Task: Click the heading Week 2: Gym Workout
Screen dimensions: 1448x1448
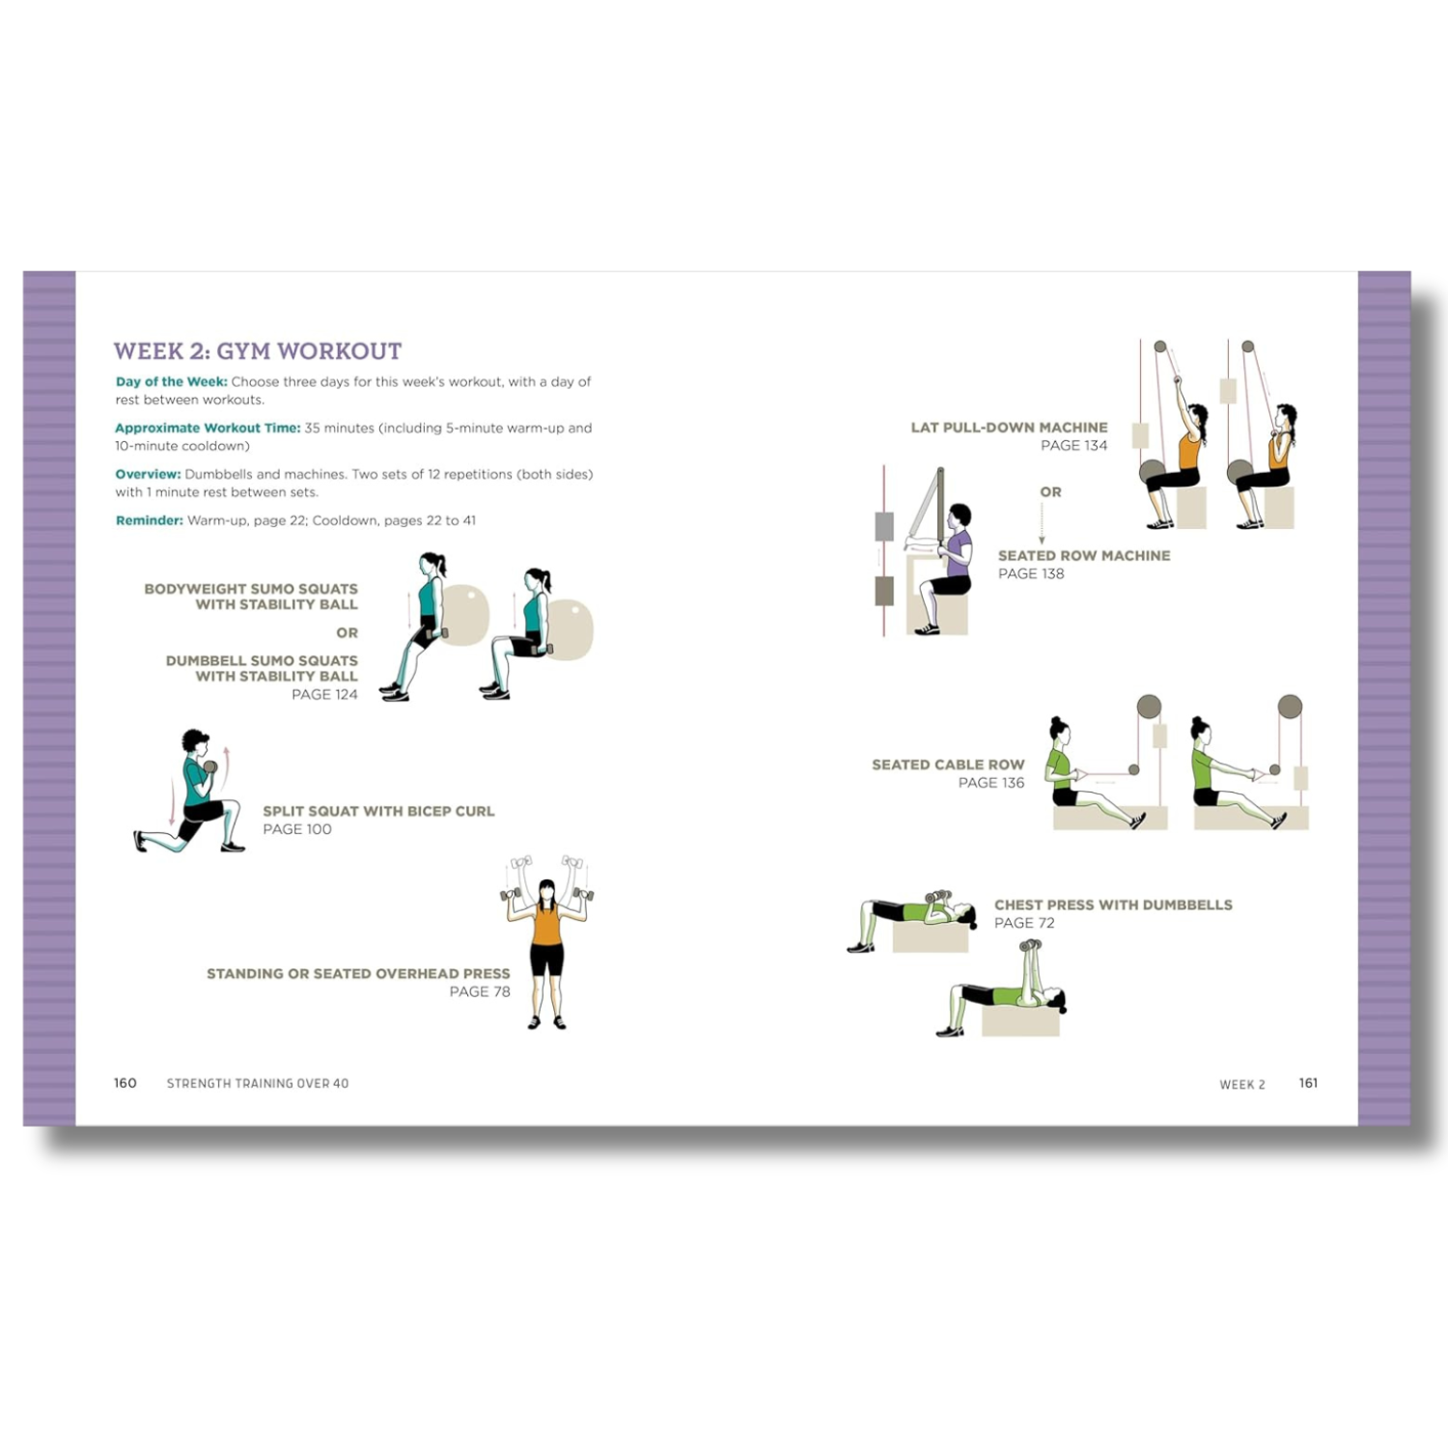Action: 258,351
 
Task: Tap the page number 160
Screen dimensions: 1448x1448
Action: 125,1083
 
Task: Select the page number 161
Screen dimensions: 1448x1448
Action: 1308,1083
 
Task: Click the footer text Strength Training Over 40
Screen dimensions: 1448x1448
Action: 258,1084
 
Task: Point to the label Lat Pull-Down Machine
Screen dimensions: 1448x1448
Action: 1010,428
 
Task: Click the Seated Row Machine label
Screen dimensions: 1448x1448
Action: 1084,556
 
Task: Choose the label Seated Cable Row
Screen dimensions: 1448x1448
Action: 948,765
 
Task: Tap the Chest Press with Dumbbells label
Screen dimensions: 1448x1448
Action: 1113,905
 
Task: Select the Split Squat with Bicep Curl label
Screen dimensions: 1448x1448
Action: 378,812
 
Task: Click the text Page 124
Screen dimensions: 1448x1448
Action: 324,695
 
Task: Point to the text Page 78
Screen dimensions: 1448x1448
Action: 480,992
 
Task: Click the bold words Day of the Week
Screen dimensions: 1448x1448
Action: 172,382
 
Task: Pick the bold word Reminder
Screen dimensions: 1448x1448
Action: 149,521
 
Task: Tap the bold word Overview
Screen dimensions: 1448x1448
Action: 148,475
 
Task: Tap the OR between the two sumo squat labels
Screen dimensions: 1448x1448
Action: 348,633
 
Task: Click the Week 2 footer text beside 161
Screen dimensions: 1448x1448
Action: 1242,1085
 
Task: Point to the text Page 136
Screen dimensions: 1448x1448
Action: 991,783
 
